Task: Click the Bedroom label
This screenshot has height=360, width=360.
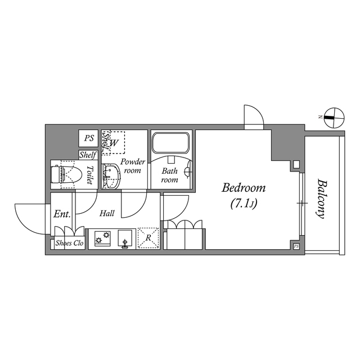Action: [243, 188]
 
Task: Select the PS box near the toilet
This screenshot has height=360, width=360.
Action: [88, 138]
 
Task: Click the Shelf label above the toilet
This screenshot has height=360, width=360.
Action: [88, 155]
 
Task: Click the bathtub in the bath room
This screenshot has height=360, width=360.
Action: [172, 145]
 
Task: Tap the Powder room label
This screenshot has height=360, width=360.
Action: [133, 166]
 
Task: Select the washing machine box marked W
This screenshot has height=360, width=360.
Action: [114, 143]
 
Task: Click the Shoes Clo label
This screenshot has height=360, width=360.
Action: [69, 244]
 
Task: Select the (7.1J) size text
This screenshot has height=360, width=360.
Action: [243, 204]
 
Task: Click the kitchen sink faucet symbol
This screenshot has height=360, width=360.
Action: [125, 243]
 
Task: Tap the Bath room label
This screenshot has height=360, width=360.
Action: [169, 175]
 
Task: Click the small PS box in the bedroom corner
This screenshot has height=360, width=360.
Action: [296, 246]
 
